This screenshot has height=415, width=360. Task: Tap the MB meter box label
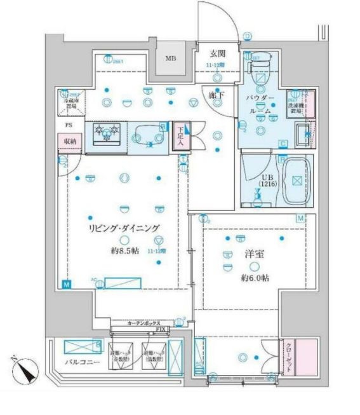coord(171,58)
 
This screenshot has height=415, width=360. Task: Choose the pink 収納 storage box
coord(70,142)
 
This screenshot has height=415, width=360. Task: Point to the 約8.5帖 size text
coord(124,250)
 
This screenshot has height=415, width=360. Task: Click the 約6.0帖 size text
coord(255,278)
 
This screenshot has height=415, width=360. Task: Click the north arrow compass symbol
coord(24,371)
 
